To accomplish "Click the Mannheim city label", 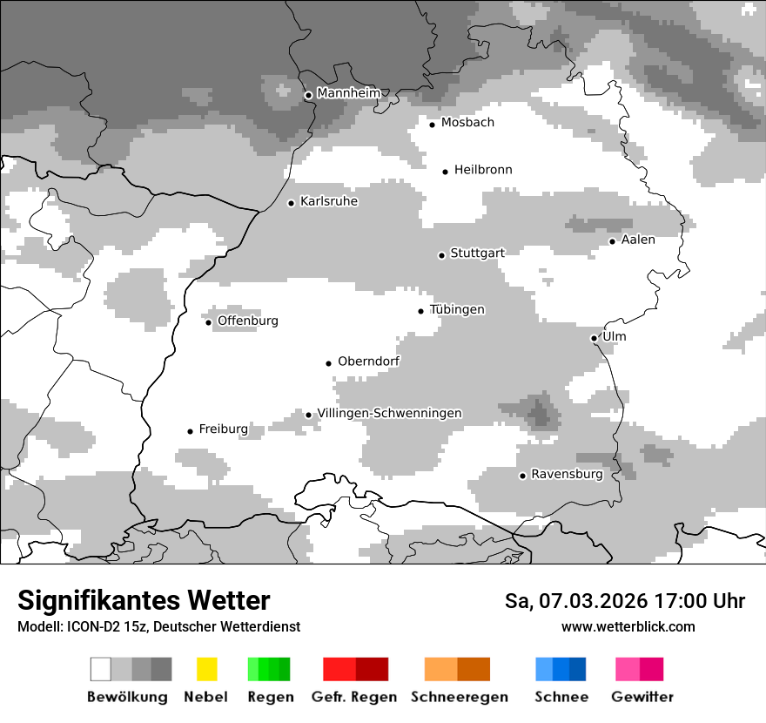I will pyautogui.click(x=349, y=93).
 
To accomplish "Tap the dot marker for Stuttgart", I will pyautogui.click(x=441, y=255).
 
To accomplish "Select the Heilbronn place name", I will pyautogui.click(x=483, y=170).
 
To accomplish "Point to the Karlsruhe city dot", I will pyautogui.click(x=292, y=203).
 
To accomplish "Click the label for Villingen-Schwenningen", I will pyautogui.click(x=389, y=414).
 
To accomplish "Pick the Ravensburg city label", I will pyautogui.click(x=567, y=475).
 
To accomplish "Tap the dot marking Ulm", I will pyautogui.click(x=594, y=338).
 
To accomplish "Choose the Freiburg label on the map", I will pyautogui.click(x=223, y=429).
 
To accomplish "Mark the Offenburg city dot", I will pyautogui.click(x=209, y=322).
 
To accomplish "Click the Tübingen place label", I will pyautogui.click(x=457, y=310).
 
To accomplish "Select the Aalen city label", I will pyautogui.click(x=638, y=240).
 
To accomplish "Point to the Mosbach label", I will pyautogui.click(x=467, y=123).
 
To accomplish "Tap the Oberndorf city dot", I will pyautogui.click(x=329, y=363).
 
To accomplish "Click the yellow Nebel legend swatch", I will pyautogui.click(x=206, y=669).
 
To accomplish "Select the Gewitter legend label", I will pyautogui.click(x=642, y=697).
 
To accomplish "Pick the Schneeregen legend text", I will pyautogui.click(x=460, y=697).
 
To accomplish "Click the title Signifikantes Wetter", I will pyautogui.click(x=144, y=600).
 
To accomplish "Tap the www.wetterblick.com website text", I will pyautogui.click(x=628, y=626).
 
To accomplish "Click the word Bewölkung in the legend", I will pyautogui.click(x=127, y=697).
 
